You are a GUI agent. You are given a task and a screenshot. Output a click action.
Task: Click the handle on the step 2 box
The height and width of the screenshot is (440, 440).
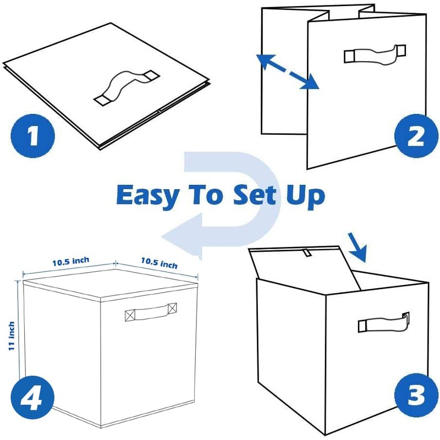(375, 54)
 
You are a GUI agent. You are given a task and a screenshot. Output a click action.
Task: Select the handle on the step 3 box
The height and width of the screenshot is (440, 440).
(383, 323)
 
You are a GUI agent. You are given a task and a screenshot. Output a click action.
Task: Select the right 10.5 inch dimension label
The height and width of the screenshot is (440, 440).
(159, 262)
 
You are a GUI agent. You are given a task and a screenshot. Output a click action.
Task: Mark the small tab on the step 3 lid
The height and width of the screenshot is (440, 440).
(306, 254)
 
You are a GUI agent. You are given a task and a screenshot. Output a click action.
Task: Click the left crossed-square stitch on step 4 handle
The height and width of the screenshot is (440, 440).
(130, 315)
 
